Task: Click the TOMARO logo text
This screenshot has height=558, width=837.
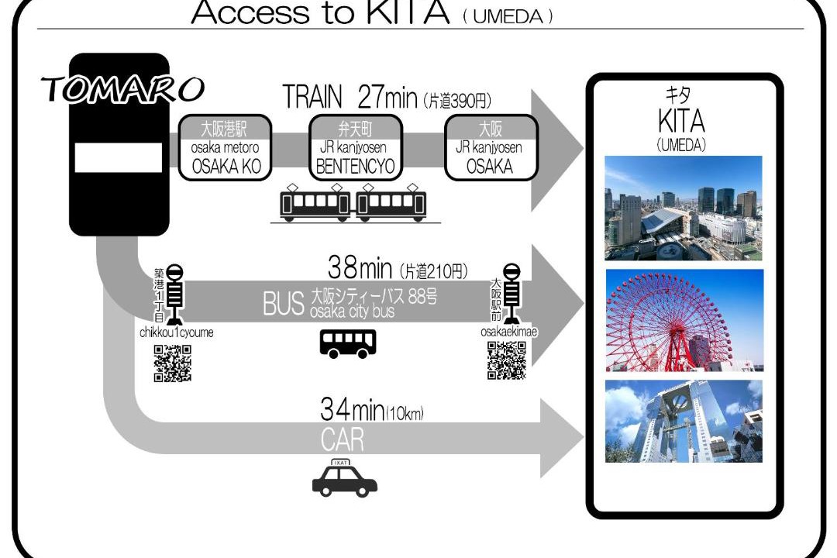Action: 122,89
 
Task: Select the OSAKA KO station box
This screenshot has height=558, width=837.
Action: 226,147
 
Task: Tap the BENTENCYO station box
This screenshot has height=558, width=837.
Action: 356,147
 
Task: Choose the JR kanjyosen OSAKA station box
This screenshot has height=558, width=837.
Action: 491,147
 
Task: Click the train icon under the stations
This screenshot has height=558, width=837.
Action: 353,202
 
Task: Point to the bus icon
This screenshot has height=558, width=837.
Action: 348,343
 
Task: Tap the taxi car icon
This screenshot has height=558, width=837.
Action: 345,478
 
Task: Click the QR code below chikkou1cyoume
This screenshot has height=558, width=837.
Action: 172,363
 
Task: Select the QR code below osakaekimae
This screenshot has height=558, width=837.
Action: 507,360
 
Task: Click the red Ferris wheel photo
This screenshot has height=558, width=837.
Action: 684,320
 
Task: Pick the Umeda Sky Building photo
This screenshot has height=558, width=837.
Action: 684,422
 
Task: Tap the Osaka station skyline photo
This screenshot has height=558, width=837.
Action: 684,208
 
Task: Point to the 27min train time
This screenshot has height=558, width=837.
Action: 387,97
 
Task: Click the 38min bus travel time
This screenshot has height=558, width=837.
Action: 360,267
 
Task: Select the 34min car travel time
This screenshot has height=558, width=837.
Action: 353,409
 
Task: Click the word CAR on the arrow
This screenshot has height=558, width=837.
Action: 343,439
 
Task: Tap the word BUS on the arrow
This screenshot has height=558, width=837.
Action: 284,304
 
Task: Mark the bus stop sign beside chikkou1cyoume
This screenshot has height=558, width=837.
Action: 174,294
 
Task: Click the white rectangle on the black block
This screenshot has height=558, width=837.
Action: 118,157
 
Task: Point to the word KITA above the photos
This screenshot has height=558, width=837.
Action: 682,121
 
